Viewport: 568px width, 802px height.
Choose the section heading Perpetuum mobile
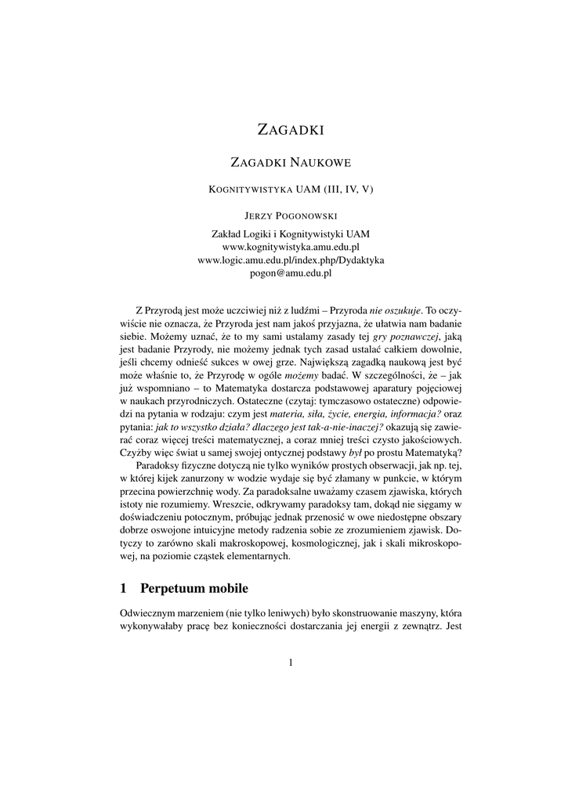194,588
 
